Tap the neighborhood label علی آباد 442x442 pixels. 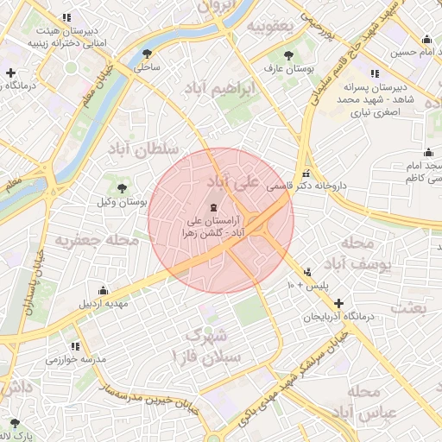[x=234, y=182]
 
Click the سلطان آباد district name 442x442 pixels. [x=142, y=148]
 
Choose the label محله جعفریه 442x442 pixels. [x=97, y=239]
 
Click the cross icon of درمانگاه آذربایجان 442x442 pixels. [x=338, y=304]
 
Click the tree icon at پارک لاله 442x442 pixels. [x=15, y=422]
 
